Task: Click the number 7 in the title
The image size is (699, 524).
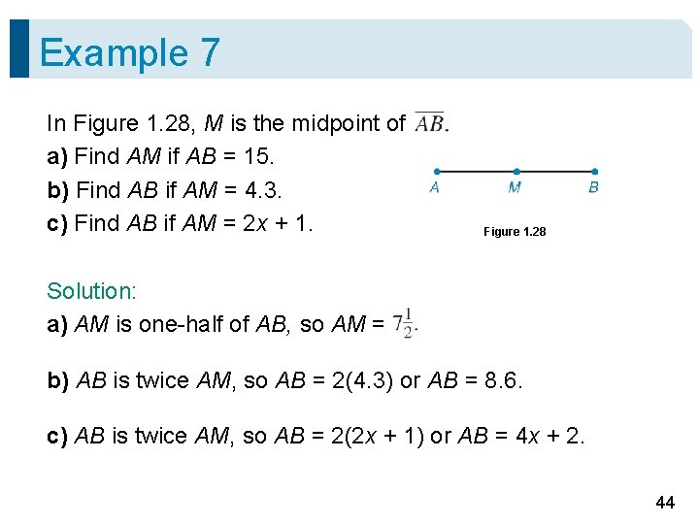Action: (x=210, y=52)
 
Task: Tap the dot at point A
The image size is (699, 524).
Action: (x=435, y=172)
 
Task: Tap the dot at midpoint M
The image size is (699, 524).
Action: (x=516, y=172)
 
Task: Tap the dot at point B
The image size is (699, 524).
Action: (x=594, y=172)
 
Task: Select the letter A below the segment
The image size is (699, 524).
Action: (x=434, y=188)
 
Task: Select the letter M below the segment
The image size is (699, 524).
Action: (x=515, y=188)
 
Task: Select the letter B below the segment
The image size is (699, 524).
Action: (x=594, y=188)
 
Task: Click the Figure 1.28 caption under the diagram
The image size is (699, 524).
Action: (x=515, y=232)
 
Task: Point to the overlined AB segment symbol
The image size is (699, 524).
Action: (x=428, y=122)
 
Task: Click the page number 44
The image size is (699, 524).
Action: (x=665, y=502)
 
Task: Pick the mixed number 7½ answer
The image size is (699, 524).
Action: (x=405, y=323)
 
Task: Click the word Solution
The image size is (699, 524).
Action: (x=90, y=291)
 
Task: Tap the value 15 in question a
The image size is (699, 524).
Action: (x=263, y=155)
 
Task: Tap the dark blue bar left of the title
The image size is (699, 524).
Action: (x=19, y=49)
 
